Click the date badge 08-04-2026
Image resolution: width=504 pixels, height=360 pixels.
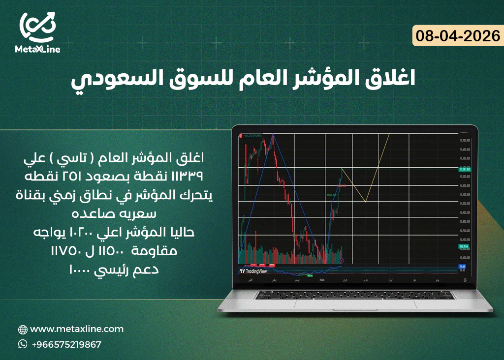(457, 36)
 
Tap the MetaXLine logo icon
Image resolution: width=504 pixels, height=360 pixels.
(38, 27)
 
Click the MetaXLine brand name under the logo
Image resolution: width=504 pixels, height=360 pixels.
(37, 50)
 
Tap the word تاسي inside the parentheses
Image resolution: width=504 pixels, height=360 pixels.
(78, 159)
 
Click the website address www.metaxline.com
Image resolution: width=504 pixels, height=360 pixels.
(77, 329)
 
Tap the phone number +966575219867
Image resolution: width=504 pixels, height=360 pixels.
(66, 344)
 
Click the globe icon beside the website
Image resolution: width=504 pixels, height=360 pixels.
(23, 330)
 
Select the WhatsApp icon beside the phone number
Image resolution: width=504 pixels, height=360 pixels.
(23, 344)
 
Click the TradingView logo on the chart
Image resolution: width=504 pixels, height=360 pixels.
(254, 271)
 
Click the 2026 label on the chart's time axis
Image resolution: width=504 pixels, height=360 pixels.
(322, 279)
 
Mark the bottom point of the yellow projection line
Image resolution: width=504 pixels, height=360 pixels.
(365, 202)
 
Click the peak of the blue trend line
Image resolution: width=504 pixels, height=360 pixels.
(273, 134)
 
